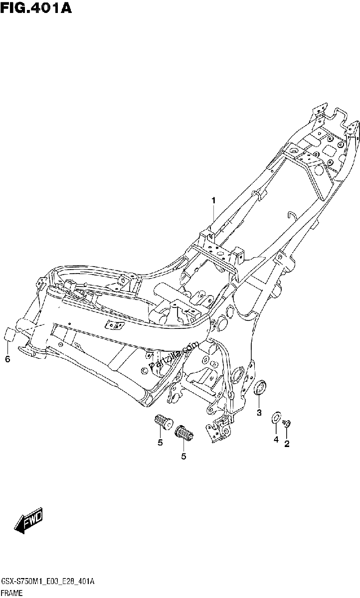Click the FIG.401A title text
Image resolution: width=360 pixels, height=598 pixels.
pyautogui.click(x=36, y=8)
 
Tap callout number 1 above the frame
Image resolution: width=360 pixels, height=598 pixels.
pyautogui.click(x=213, y=200)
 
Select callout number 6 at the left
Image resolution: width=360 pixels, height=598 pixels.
pyautogui.click(x=7, y=359)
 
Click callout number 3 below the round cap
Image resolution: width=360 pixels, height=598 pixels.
pyautogui.click(x=259, y=413)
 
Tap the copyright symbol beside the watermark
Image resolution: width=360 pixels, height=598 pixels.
pyautogui.click(x=144, y=370)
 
